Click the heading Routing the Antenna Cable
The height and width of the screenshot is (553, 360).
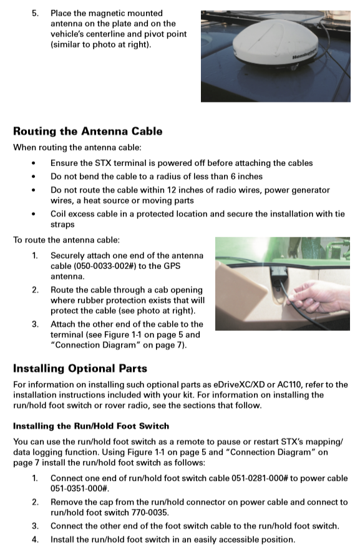87,132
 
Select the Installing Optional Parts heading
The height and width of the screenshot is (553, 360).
80,368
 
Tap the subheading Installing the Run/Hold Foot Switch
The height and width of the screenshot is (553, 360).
91,426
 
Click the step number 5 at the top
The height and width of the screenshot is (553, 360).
36,13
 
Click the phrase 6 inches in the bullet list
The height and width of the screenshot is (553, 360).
243,177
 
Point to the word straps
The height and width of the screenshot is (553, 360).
62,225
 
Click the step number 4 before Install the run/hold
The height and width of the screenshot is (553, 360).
36,539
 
